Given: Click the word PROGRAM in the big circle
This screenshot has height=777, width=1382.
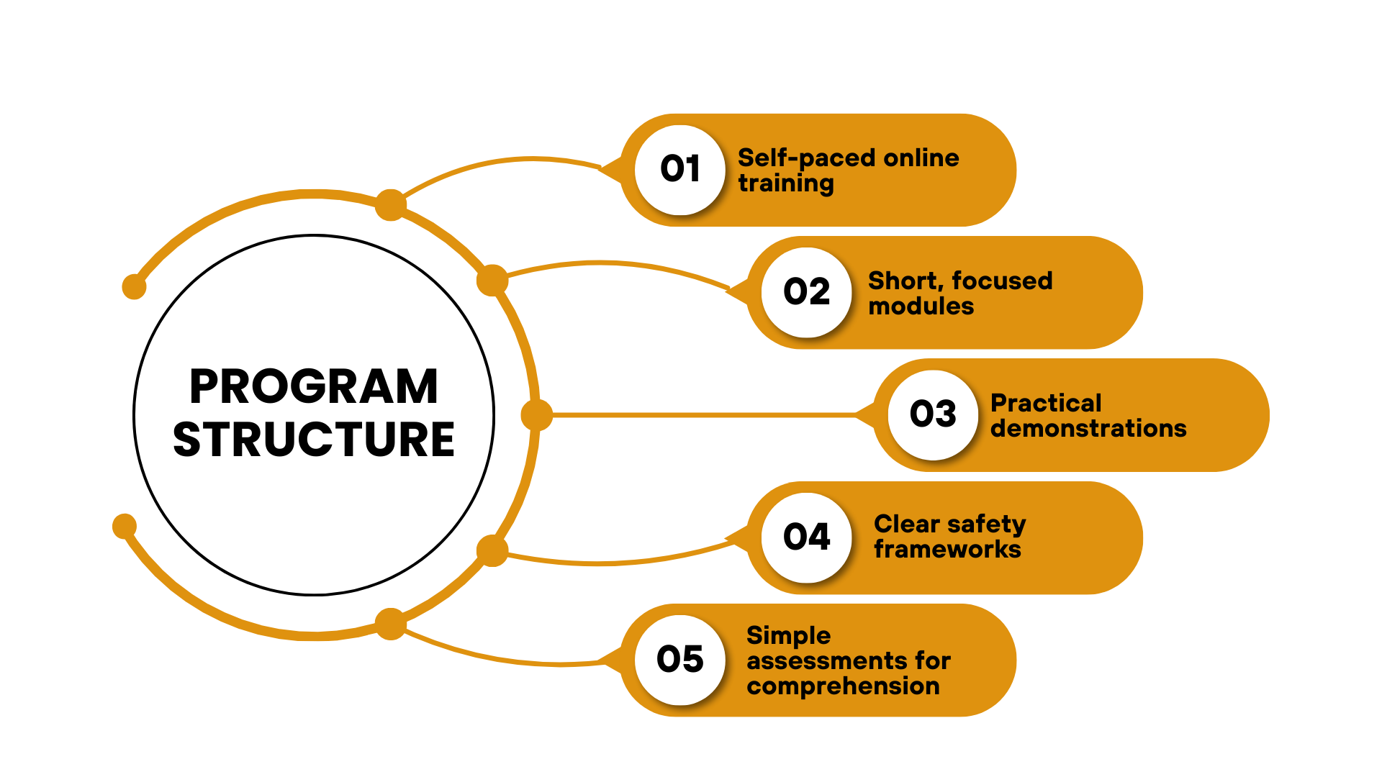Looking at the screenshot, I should click(x=314, y=387).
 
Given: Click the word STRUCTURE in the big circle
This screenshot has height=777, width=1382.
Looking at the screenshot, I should click(x=314, y=440).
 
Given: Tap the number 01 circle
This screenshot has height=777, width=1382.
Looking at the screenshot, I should click(x=680, y=170).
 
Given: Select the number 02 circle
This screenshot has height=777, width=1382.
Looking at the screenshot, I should click(x=807, y=292).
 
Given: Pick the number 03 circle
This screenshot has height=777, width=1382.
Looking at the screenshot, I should click(x=933, y=414).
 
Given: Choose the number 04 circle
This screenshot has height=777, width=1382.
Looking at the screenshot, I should click(x=807, y=537).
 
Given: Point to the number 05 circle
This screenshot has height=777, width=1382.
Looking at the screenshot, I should click(x=680, y=660).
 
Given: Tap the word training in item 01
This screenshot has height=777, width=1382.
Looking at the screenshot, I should click(x=786, y=183).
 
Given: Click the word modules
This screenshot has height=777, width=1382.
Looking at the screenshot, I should click(x=921, y=306).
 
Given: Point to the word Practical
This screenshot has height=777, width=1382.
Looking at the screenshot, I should click(x=1046, y=403).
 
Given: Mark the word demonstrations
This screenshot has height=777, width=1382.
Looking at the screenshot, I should click(x=1088, y=429).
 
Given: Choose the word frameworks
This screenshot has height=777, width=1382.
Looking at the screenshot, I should click(x=947, y=550).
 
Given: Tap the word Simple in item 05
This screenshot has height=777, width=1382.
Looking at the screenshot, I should click(x=788, y=636).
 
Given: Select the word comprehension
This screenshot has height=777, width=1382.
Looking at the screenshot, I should click(x=843, y=686).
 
